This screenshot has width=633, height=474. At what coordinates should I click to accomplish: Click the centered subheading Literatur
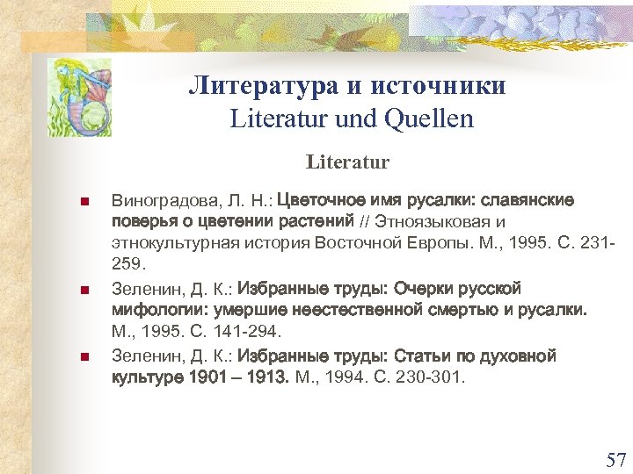point(347,162)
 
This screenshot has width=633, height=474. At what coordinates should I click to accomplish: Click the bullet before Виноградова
point(84,202)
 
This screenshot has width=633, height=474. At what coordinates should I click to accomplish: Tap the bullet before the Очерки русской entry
point(84,290)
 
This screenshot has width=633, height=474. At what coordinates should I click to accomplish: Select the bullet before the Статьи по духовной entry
point(84,357)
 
